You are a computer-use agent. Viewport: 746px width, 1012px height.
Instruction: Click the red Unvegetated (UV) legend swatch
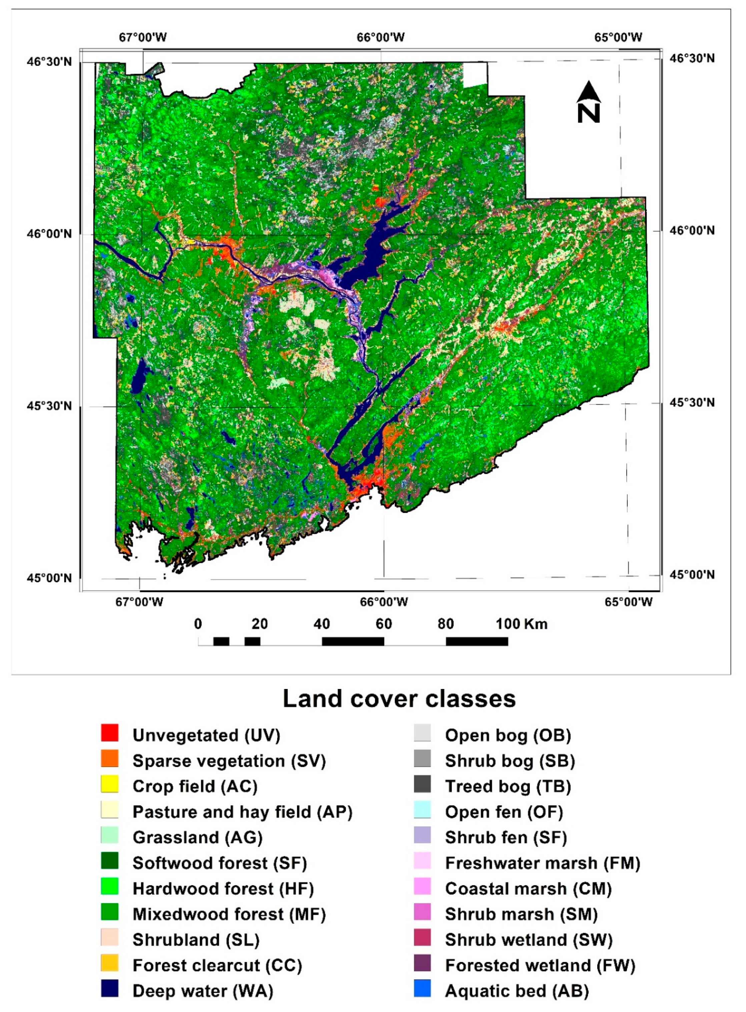coord(110,733)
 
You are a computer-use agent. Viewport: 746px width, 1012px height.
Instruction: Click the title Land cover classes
coord(399,699)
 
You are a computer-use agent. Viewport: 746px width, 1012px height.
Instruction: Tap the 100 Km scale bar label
coord(522,624)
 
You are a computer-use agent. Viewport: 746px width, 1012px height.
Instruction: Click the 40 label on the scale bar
coord(321,624)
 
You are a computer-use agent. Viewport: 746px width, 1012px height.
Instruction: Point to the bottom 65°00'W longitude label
coord(629,602)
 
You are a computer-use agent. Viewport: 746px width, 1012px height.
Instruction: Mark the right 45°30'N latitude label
coord(692,402)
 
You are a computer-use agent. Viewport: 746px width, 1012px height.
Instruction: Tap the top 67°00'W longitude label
coord(143,37)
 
